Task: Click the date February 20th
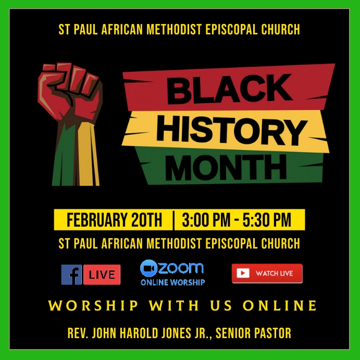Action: [x=114, y=220]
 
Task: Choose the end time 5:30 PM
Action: [x=267, y=220]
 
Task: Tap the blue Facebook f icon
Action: [x=71, y=275]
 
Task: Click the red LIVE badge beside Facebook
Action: [x=102, y=275]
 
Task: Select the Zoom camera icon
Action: [x=148, y=268]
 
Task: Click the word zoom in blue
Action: [x=180, y=268]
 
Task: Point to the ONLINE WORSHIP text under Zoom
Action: [x=172, y=282]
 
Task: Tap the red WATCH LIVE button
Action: [x=267, y=274]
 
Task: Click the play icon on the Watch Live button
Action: [x=243, y=274]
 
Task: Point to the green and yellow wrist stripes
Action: [x=75, y=156]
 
